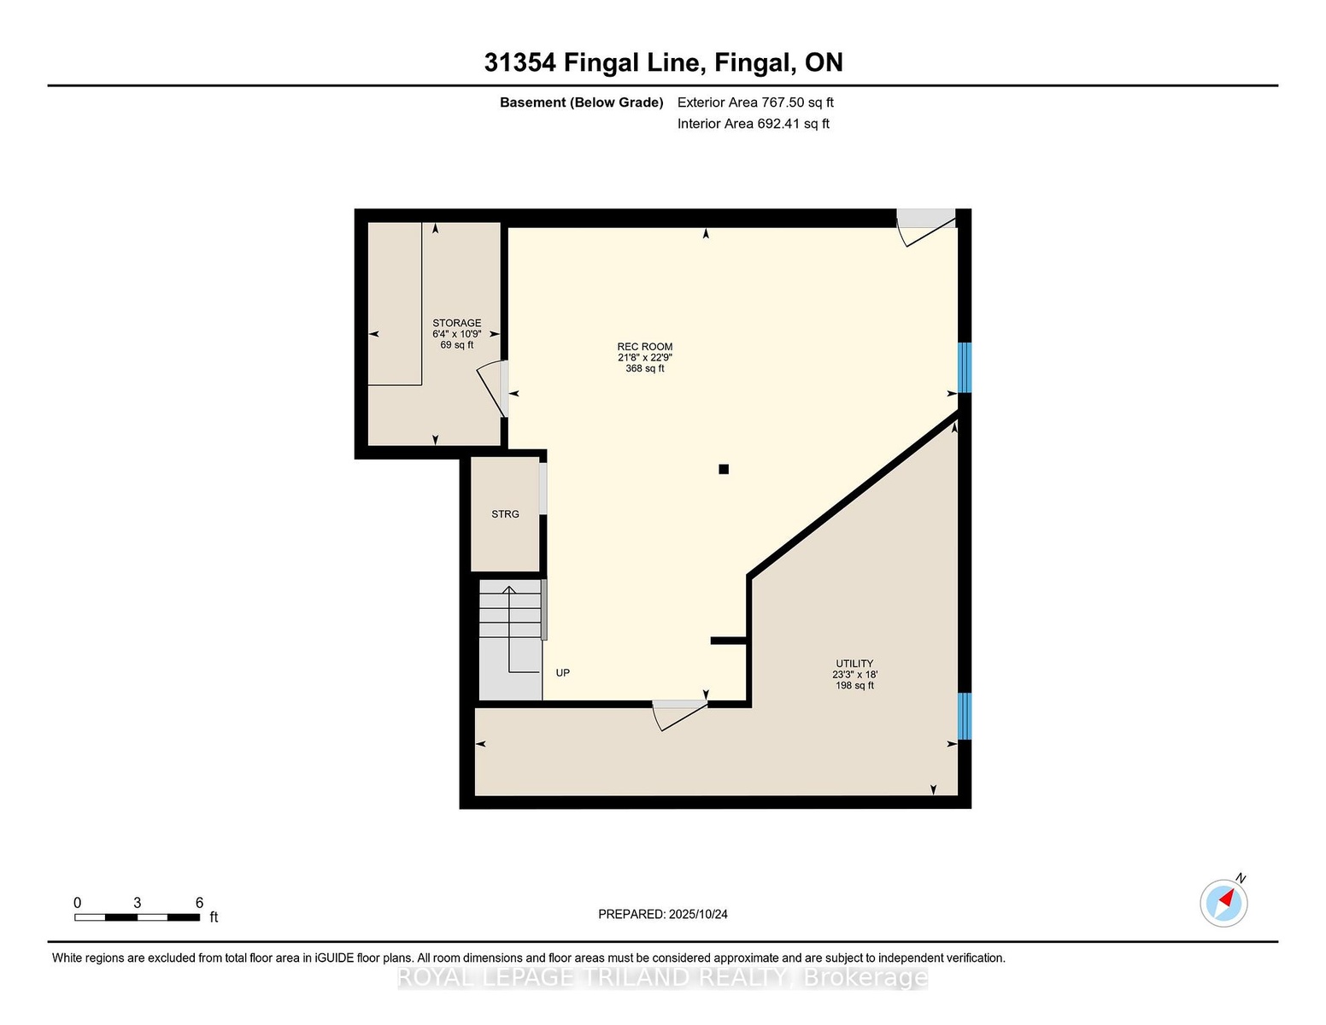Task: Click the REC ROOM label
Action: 644,346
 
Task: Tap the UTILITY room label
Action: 854,664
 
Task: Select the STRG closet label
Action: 505,514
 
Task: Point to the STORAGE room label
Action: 457,323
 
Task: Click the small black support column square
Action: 724,469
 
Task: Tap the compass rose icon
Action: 1223,904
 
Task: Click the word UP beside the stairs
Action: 563,672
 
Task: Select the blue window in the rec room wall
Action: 964,367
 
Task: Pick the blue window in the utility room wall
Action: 964,716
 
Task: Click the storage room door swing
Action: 491,390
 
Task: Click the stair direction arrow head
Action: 508,589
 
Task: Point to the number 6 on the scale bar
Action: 199,903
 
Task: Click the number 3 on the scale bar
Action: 138,903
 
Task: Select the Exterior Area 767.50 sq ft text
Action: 755,102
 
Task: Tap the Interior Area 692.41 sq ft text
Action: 753,124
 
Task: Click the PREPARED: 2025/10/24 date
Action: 663,915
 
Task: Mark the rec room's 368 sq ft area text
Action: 644,369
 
